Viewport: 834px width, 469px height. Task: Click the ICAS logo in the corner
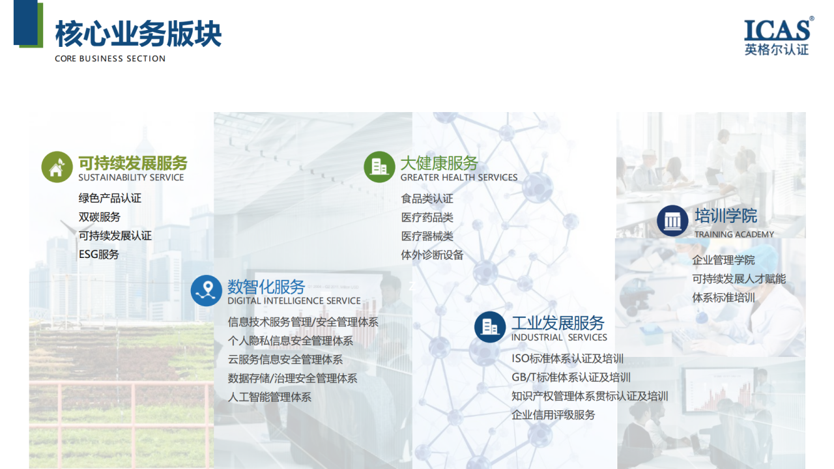point(779,37)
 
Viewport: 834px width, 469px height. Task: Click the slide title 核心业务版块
point(139,34)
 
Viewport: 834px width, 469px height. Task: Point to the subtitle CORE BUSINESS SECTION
point(110,59)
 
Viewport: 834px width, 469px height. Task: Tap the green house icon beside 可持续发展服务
point(57,167)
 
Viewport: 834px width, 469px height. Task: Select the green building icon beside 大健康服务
point(379,167)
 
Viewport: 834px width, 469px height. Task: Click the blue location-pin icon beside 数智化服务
point(207,291)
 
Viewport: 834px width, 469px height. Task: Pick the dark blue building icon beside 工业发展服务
point(490,327)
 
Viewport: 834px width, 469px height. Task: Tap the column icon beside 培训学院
point(672,221)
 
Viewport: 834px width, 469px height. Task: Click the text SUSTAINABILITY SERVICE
point(131,178)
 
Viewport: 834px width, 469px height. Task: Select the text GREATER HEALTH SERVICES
point(459,178)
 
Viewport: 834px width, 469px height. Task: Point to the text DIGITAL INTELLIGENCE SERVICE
point(294,301)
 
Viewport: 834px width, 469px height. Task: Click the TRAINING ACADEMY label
point(734,234)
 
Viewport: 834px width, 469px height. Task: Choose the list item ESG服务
point(98,255)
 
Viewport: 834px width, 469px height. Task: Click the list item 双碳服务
point(100,217)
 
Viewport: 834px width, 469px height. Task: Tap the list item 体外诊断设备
point(432,255)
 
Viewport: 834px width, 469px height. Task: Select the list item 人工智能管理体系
point(270,397)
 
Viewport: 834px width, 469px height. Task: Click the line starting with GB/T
point(571,377)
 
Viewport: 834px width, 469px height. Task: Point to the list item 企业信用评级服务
point(553,415)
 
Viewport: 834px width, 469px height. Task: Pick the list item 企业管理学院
point(723,260)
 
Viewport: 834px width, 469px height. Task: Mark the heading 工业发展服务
point(558,323)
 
